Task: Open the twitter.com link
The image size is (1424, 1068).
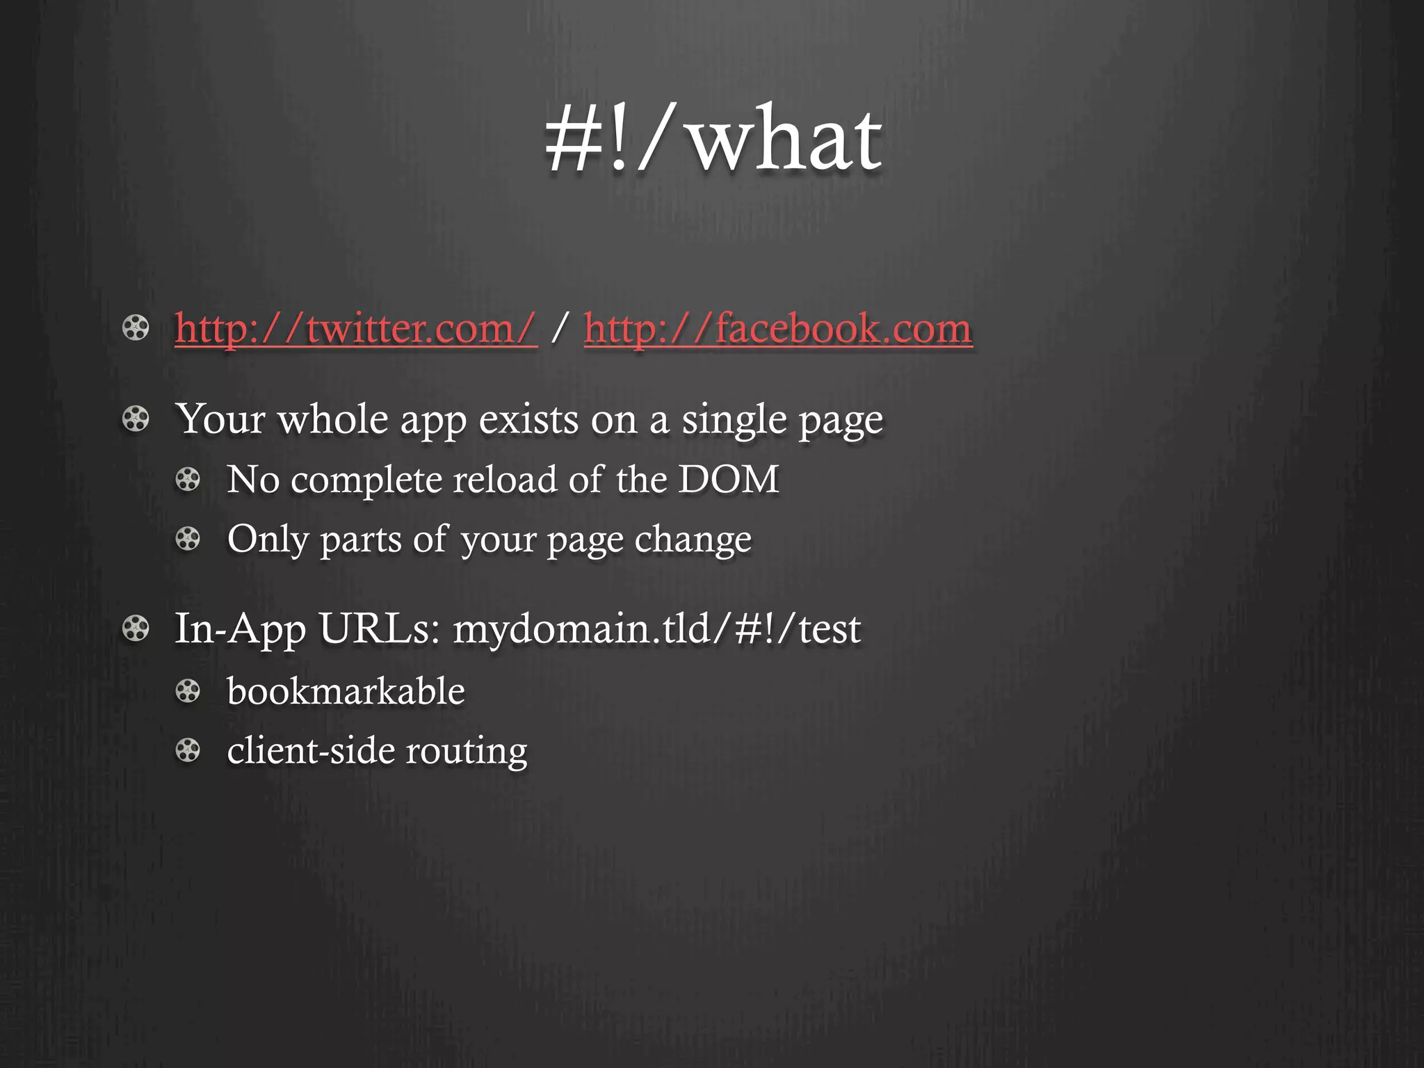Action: [x=356, y=328]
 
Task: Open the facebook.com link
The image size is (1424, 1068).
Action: [x=778, y=328]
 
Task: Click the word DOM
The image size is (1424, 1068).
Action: [x=728, y=479]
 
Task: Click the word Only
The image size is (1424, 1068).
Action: [x=268, y=540]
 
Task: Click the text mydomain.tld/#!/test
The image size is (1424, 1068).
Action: [x=656, y=629]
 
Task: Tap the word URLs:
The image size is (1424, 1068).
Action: [x=379, y=629]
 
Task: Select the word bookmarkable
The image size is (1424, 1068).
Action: [x=346, y=691]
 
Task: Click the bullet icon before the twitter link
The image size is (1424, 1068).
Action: [x=136, y=328]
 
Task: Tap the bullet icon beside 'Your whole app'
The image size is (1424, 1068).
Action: [x=136, y=419]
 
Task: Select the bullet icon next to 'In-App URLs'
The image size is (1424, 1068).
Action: [x=136, y=629]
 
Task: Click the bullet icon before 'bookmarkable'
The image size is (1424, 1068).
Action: [x=188, y=691]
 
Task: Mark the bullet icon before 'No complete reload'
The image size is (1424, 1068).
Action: [x=188, y=479]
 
